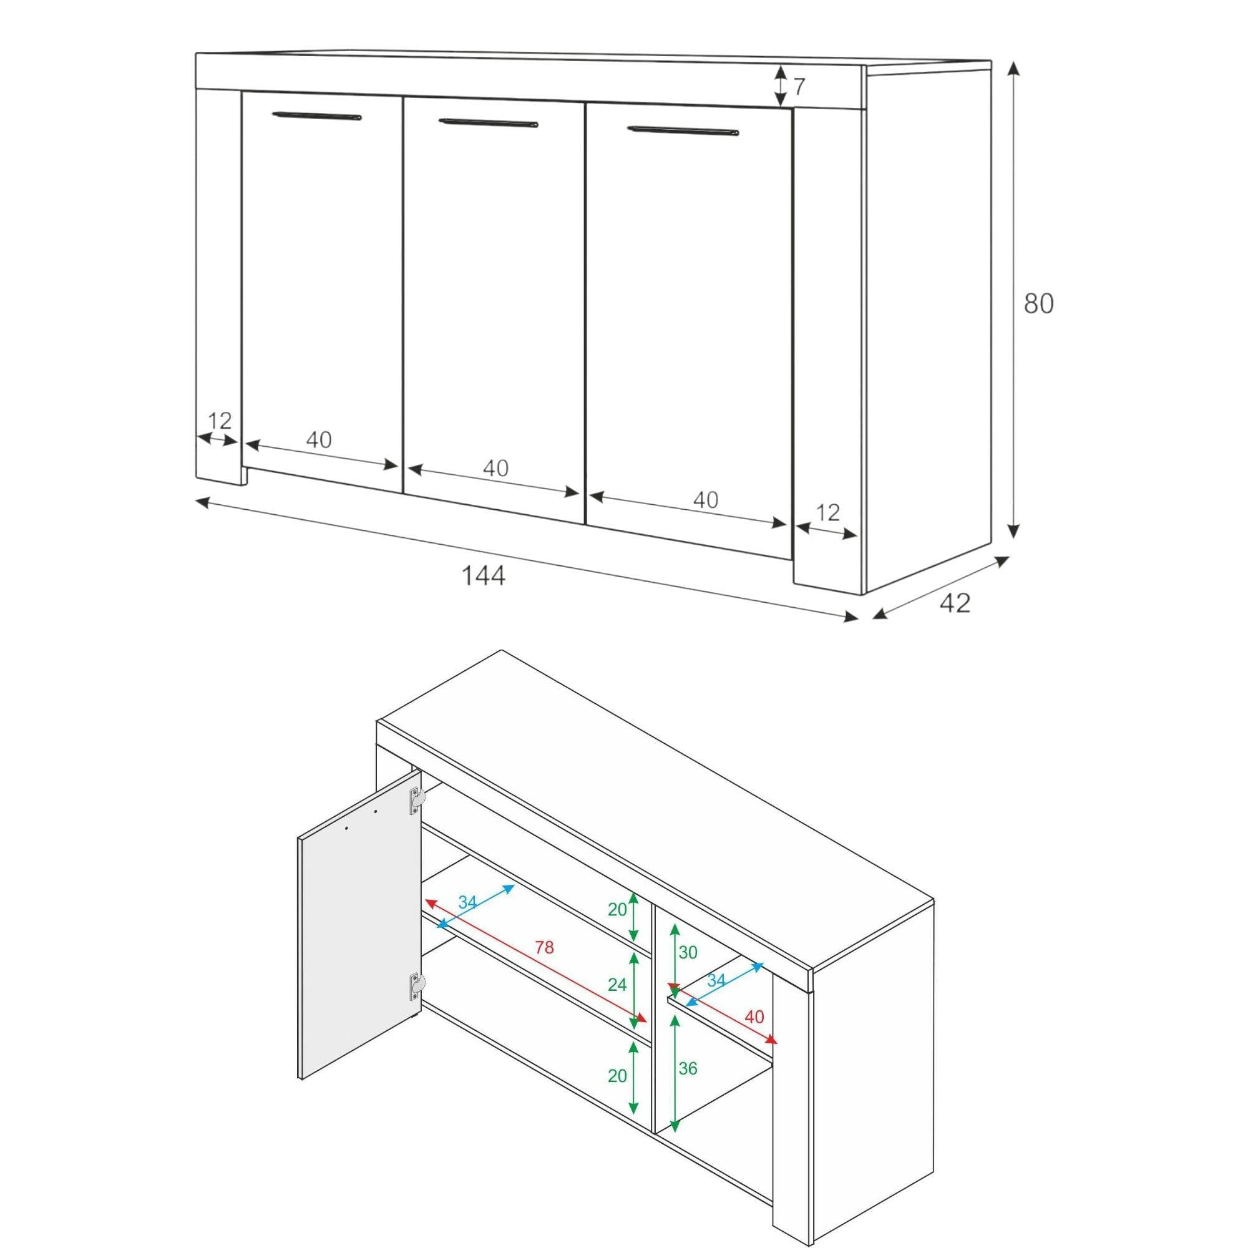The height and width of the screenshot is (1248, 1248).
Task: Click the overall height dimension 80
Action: [1039, 305]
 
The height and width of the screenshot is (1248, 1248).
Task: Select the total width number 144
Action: [483, 575]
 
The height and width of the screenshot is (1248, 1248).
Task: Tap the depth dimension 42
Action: [955, 603]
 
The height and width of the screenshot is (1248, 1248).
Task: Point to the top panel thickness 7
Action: [799, 87]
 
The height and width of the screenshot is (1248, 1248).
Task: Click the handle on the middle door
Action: [488, 123]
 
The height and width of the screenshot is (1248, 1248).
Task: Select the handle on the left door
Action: [316, 117]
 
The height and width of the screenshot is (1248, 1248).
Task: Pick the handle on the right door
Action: [683, 131]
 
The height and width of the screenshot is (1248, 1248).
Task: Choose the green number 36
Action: [688, 1068]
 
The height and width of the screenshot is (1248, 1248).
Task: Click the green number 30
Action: [688, 952]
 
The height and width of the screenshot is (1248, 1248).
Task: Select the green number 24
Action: [617, 985]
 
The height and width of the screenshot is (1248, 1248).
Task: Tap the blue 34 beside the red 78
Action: [467, 902]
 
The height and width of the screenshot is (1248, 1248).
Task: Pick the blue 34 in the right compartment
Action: [716, 980]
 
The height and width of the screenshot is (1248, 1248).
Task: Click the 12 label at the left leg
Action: [220, 421]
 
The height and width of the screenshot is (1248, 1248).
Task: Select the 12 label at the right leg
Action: [827, 512]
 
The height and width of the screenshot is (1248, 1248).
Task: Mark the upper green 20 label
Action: [617, 910]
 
